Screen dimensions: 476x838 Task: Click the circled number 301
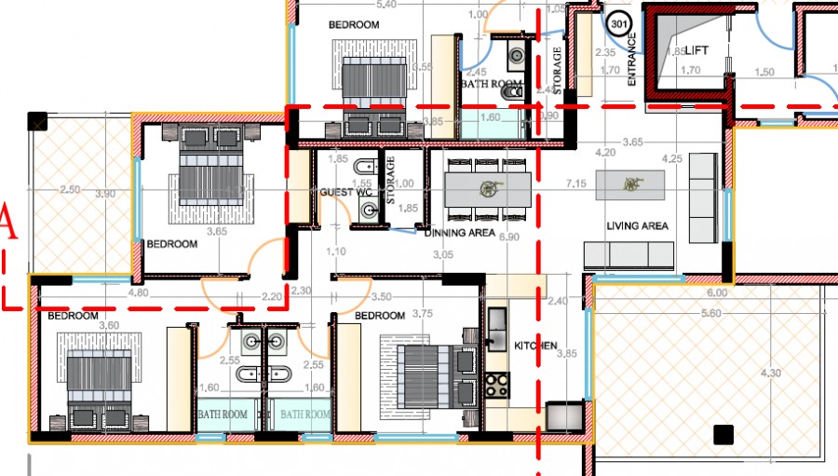click(618, 21)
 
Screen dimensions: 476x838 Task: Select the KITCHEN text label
click(535, 346)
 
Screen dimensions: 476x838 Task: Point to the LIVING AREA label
click(637, 226)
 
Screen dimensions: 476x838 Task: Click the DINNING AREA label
click(460, 233)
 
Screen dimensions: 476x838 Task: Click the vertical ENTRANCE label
click(632, 61)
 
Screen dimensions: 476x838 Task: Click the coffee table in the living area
click(631, 184)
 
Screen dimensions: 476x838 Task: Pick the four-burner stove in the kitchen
click(495, 384)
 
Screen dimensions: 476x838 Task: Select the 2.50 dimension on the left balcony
click(69, 190)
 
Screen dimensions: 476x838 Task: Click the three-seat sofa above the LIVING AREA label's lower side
click(628, 254)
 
